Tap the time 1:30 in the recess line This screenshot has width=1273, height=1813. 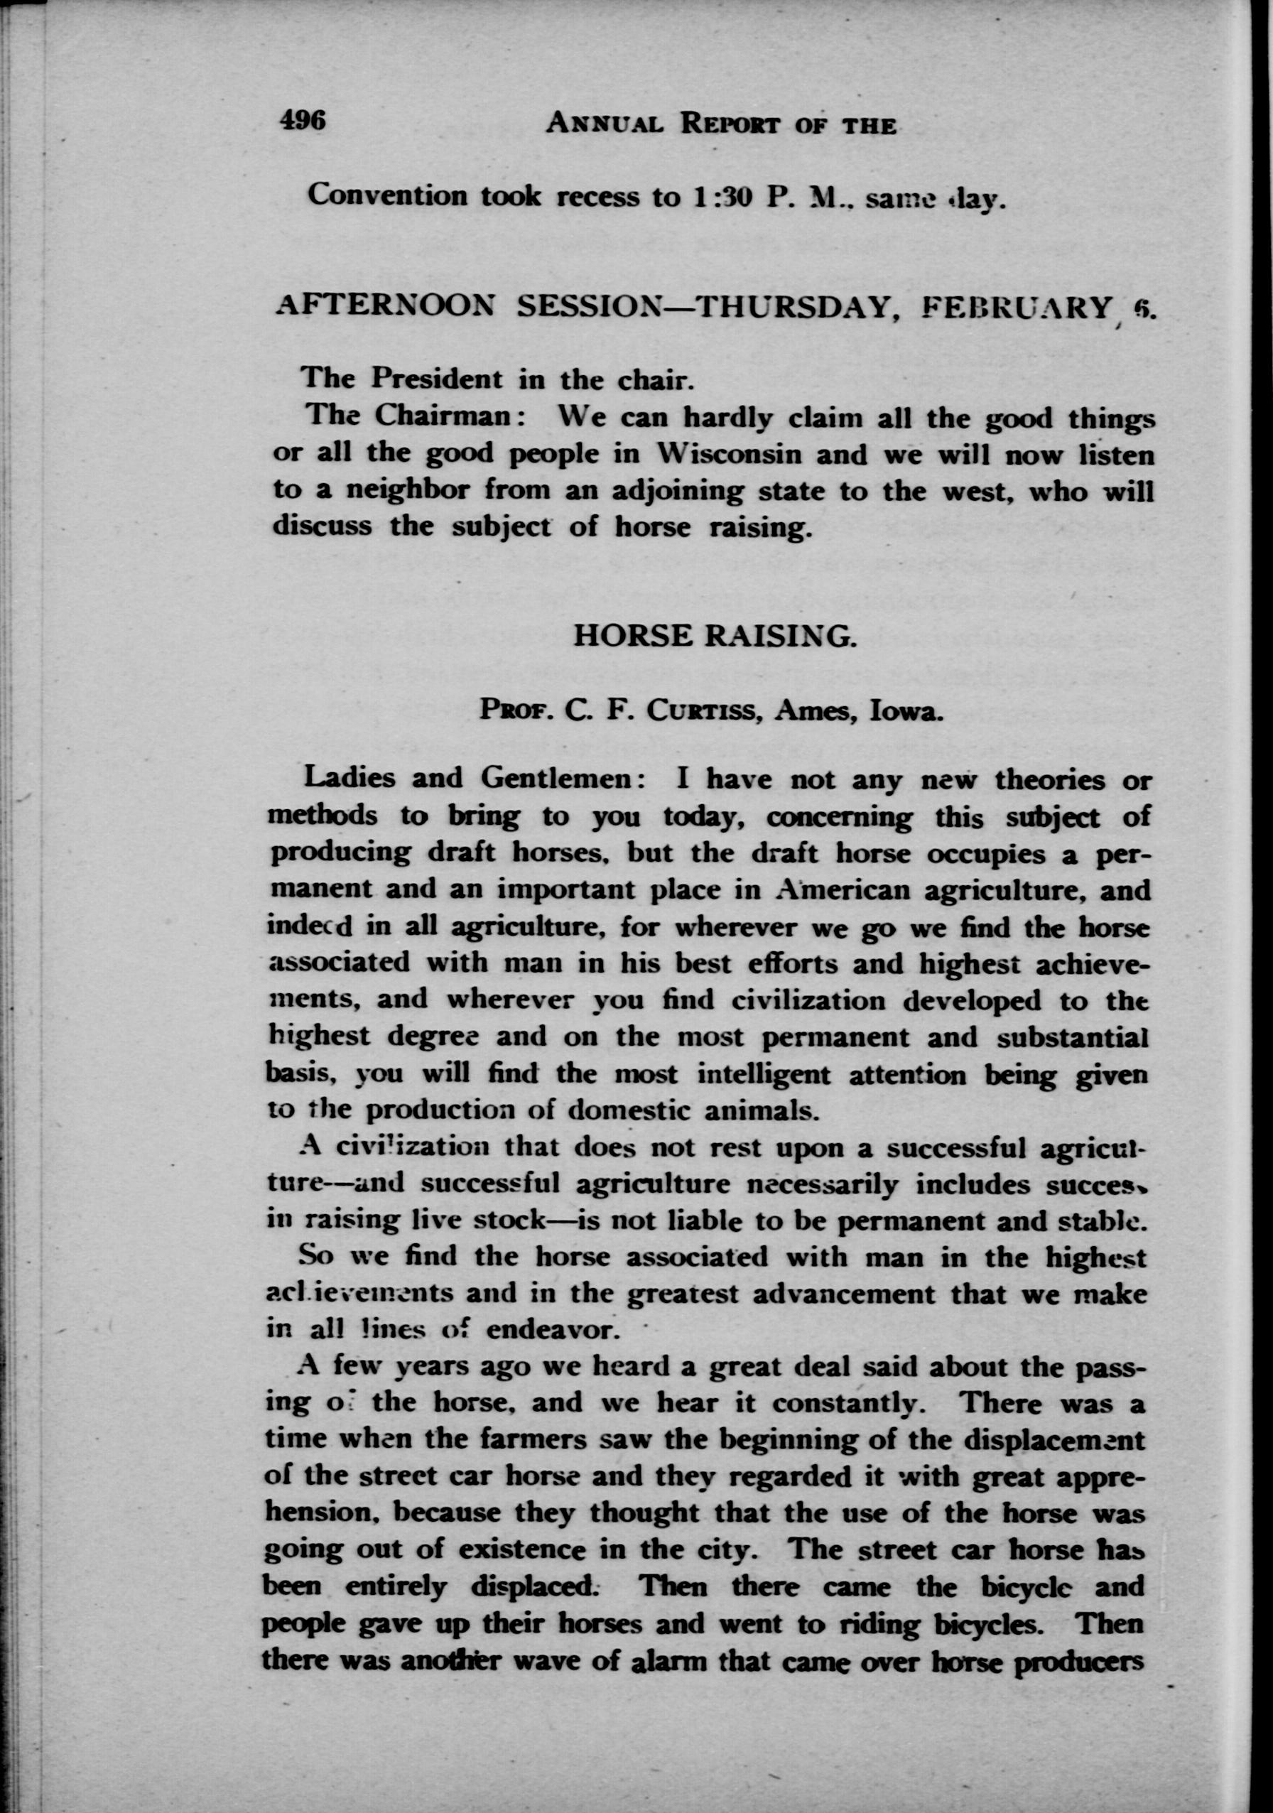click(x=716, y=197)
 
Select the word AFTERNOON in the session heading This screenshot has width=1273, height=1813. click(x=384, y=306)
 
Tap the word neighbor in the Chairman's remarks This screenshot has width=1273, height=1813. click(x=403, y=491)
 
